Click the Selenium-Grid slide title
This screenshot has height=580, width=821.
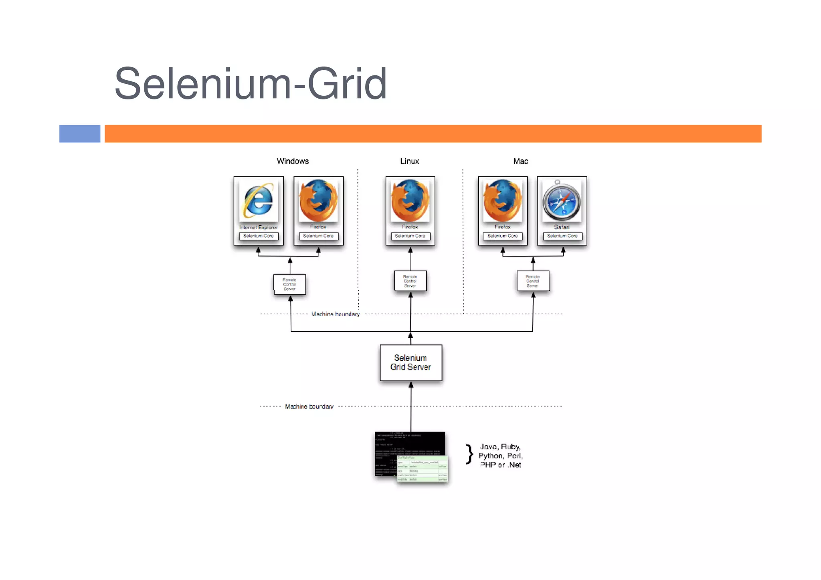click(251, 83)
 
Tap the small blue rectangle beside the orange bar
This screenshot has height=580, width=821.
click(80, 133)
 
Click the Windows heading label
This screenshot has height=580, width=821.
click(293, 161)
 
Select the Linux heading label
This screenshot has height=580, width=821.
click(410, 161)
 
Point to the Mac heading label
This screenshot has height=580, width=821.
click(520, 161)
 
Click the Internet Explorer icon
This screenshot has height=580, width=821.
click(259, 200)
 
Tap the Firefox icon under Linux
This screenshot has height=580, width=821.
click(410, 200)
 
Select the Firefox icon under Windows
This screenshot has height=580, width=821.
click(318, 200)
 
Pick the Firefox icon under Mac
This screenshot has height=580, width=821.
click(503, 200)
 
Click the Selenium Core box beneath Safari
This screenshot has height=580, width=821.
click(562, 236)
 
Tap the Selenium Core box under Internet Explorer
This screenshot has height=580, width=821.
click(259, 236)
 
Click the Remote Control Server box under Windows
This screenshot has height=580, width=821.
click(289, 284)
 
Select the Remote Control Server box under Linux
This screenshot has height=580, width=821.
click(410, 281)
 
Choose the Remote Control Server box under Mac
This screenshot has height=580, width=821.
click(533, 281)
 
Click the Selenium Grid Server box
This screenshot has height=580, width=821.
click(411, 362)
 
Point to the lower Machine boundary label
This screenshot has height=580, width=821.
click(309, 406)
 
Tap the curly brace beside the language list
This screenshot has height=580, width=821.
click(469, 455)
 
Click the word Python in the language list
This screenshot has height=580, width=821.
click(491, 456)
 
